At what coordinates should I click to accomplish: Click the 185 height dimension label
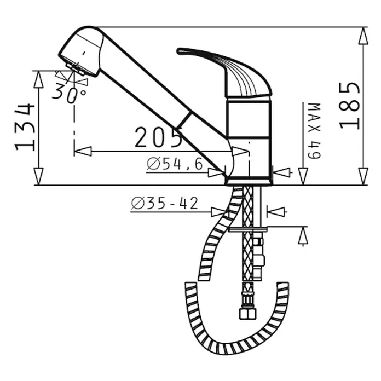click(x=349, y=106)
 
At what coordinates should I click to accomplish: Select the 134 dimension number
click(x=25, y=128)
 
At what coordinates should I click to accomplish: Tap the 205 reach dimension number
click(x=158, y=137)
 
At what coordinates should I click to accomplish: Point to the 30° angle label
click(x=70, y=93)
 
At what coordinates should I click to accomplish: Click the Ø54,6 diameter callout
click(x=175, y=164)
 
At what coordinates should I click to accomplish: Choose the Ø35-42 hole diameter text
click(x=165, y=203)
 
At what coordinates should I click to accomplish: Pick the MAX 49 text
click(x=314, y=131)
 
